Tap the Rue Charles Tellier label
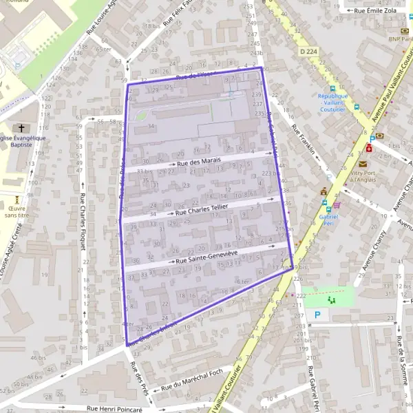[x=202, y=209]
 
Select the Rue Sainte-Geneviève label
[x=206, y=257]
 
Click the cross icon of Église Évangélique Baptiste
[x=21, y=128]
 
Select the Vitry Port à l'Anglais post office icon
[x=362, y=164]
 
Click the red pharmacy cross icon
[x=370, y=147]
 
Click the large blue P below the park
[x=317, y=315]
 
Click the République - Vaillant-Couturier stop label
[x=333, y=103]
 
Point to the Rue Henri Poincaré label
[x=114, y=407]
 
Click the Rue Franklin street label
[x=304, y=139]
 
